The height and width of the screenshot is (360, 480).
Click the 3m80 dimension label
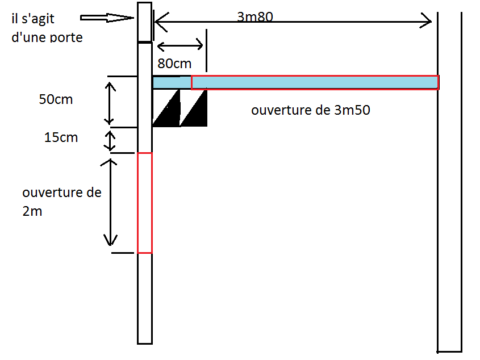256,17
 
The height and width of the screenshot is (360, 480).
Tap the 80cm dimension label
174,64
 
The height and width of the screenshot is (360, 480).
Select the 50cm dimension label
56,99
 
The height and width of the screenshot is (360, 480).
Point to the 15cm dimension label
61,137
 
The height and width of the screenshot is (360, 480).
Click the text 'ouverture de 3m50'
311,110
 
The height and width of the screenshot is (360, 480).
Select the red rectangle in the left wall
145,203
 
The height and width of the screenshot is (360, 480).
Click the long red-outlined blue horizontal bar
315,82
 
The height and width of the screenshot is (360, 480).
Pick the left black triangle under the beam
167,111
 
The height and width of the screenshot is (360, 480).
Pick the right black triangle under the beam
195,111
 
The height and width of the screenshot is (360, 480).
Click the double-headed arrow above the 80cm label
180,45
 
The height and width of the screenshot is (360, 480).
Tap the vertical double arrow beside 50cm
110,103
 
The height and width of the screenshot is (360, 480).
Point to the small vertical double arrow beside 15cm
110,140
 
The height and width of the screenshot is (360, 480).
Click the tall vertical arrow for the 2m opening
111,202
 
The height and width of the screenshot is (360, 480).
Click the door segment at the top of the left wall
145,22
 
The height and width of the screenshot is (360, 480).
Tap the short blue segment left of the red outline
172,82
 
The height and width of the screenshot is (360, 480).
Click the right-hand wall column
449,182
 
